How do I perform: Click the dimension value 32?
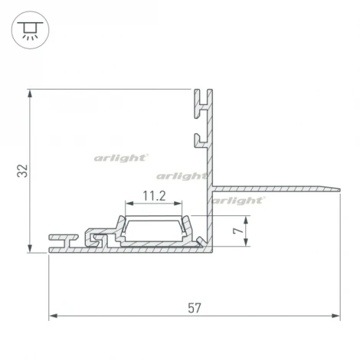(22, 171)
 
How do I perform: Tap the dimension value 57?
(195, 308)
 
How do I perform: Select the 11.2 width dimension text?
(154, 196)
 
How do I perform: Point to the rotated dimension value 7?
(238, 231)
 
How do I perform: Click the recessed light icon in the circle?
(30, 30)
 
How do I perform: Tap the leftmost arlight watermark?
(121, 159)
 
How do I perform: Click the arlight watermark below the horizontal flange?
(238, 201)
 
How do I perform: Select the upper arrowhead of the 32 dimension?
(30, 93)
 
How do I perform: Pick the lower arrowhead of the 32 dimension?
(30, 248)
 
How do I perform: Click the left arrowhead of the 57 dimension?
(53, 316)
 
